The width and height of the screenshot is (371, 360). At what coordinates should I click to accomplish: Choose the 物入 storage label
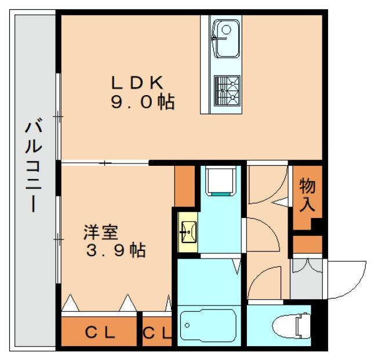[x=307, y=195]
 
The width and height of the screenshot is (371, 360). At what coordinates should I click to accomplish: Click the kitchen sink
[x=225, y=38]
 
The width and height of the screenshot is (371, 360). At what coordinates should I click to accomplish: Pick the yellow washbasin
[x=187, y=231]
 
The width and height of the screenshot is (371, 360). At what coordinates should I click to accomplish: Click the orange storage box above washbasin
[x=184, y=186]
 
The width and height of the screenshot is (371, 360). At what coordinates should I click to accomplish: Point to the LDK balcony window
[x=59, y=116]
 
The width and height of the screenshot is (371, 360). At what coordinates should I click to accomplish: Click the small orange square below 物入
[x=307, y=244]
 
